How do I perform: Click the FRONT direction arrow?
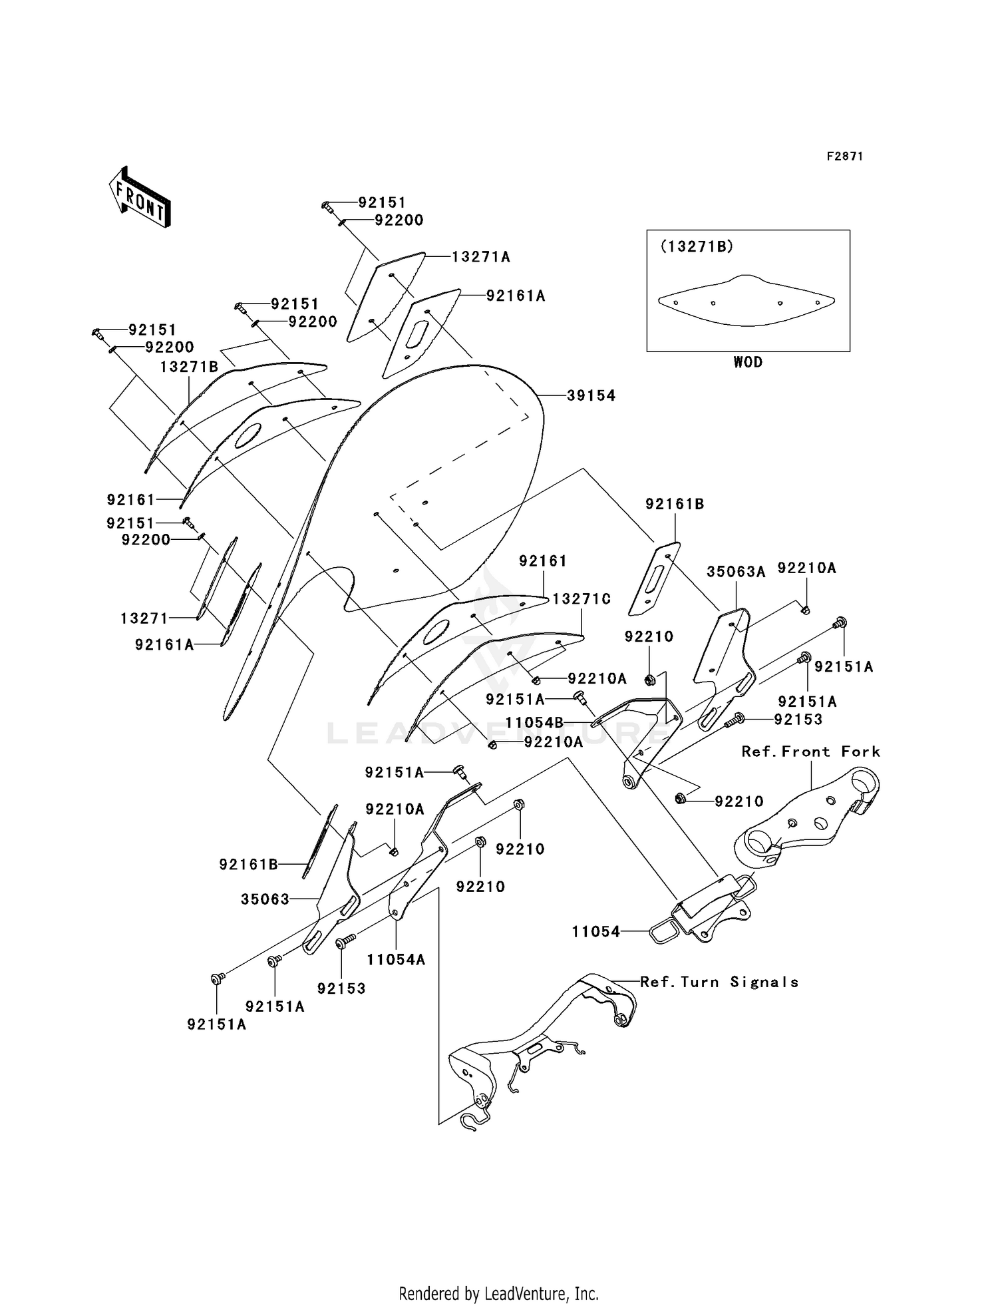pos(140,197)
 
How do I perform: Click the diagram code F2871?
pos(844,156)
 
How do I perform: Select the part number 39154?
pos(591,395)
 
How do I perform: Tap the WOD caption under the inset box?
pos(748,362)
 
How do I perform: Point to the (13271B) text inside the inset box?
pos(697,246)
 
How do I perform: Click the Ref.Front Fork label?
pos(810,752)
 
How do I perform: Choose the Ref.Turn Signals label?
pos(719,982)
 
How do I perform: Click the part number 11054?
pos(595,932)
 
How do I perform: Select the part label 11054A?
pos(396,959)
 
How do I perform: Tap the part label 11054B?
pos(534,722)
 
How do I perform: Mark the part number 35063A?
pos(736,571)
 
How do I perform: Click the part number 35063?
pos(265,899)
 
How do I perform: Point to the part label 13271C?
pos(582,599)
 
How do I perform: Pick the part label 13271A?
pos(480,257)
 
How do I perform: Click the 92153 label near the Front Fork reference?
pos(798,720)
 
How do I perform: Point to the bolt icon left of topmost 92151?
pos(327,206)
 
